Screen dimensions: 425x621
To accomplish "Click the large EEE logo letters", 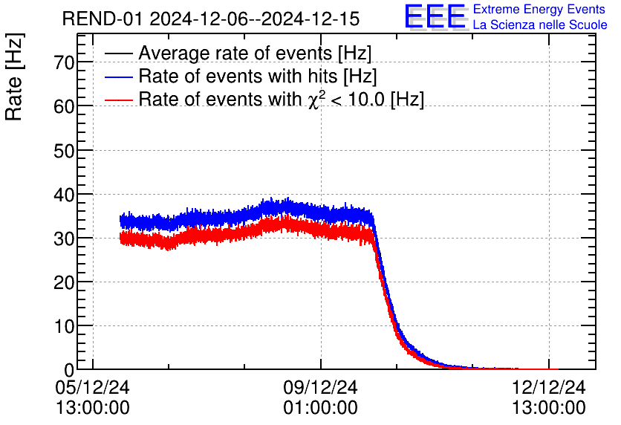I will click(x=435, y=17).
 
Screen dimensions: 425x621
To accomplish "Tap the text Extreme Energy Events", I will click(x=540, y=10).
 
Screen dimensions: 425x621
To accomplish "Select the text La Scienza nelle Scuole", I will click(x=540, y=25).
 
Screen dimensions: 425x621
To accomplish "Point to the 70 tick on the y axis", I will click(x=65, y=62).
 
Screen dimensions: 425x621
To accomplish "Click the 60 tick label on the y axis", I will click(x=65, y=106).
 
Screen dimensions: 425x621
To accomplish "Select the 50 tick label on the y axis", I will click(x=65, y=150).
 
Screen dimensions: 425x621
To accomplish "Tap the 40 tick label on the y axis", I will click(x=65, y=194).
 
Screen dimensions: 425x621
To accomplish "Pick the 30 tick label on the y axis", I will click(x=65, y=238).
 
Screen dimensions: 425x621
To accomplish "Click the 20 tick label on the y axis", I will click(x=65, y=282).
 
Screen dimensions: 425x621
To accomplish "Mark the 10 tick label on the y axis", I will click(x=65, y=325).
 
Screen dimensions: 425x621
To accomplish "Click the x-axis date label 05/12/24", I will click(x=92, y=387).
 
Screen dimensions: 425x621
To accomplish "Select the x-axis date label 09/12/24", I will click(x=321, y=387).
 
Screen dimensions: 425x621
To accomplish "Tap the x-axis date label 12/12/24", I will click(x=549, y=387).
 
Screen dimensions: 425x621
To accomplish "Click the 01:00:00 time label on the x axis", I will click(x=321, y=408).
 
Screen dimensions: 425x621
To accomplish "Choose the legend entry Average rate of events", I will click(x=255, y=53).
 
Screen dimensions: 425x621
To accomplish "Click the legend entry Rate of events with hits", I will click(x=258, y=76).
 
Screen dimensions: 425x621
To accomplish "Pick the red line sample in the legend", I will click(x=119, y=99).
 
